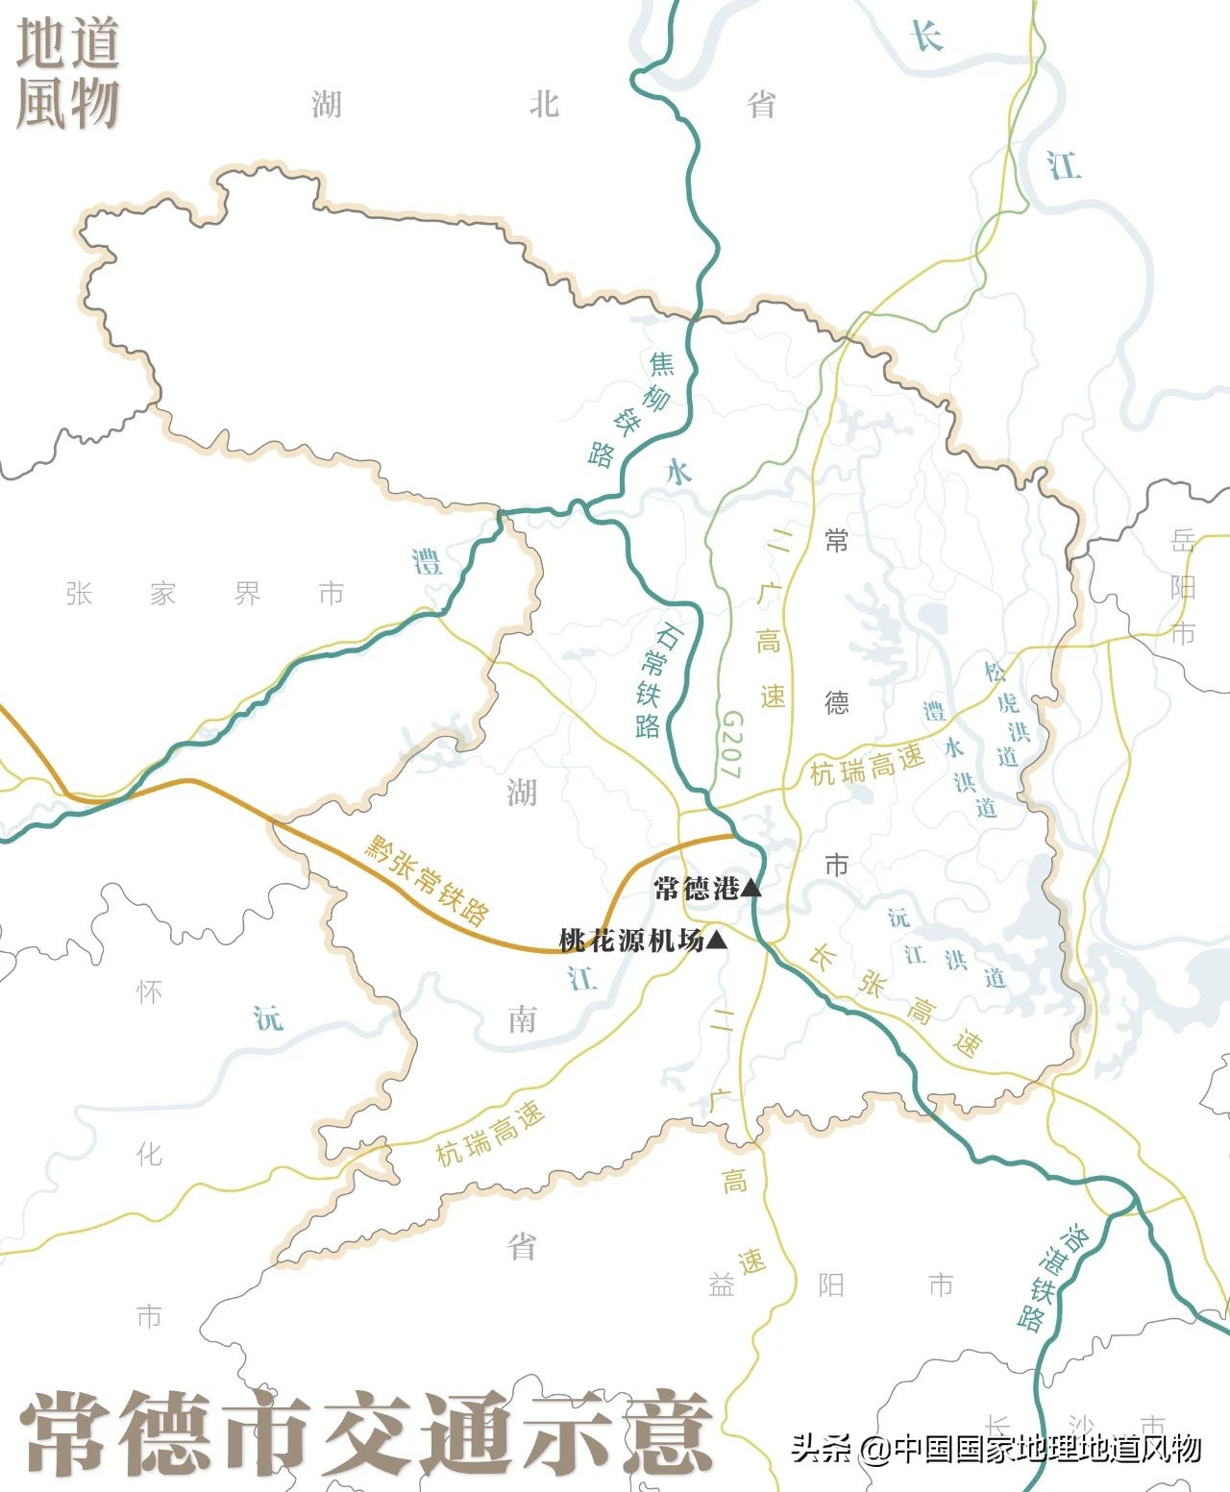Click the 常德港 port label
pyautogui.click(x=696, y=888)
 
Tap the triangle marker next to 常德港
pyautogui.click(x=750, y=889)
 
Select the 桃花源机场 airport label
pyautogui.click(x=631, y=941)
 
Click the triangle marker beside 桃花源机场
pyautogui.click(x=716, y=942)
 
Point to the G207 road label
pyautogui.click(x=731, y=745)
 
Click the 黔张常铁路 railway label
pyautogui.click(x=427, y=878)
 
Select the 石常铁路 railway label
pyautogui.click(x=655, y=679)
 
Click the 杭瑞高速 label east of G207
pyautogui.click(x=867, y=765)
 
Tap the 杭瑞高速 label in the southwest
pyautogui.click(x=490, y=1134)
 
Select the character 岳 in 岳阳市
pyautogui.click(x=1183, y=541)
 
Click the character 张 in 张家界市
pyautogui.click(x=79, y=594)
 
